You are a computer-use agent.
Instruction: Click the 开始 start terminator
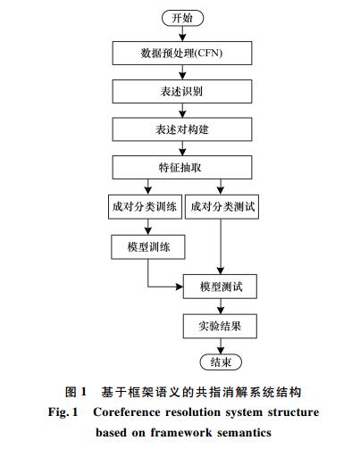(x=182, y=18)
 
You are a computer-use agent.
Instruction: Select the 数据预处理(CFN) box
(x=182, y=54)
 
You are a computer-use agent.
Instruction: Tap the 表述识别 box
(x=182, y=91)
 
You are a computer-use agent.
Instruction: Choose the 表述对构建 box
(x=182, y=129)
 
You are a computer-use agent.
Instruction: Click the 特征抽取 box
(x=182, y=168)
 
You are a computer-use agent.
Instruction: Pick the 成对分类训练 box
(x=145, y=207)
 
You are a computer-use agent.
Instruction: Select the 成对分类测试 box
(x=222, y=207)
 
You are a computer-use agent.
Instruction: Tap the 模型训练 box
(x=148, y=247)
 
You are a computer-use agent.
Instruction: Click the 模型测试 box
(x=220, y=287)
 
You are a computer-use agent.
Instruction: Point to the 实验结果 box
(x=220, y=326)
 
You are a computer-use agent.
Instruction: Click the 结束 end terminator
(x=221, y=362)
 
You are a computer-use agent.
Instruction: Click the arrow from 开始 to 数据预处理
(x=182, y=34)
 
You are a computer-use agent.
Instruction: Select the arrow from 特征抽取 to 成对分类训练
(x=148, y=187)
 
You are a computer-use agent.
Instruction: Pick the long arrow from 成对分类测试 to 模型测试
(x=221, y=246)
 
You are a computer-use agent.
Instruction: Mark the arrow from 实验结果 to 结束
(x=221, y=346)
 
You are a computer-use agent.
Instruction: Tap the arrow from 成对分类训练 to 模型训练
(x=148, y=227)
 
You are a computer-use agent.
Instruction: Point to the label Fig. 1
(x=63, y=412)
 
